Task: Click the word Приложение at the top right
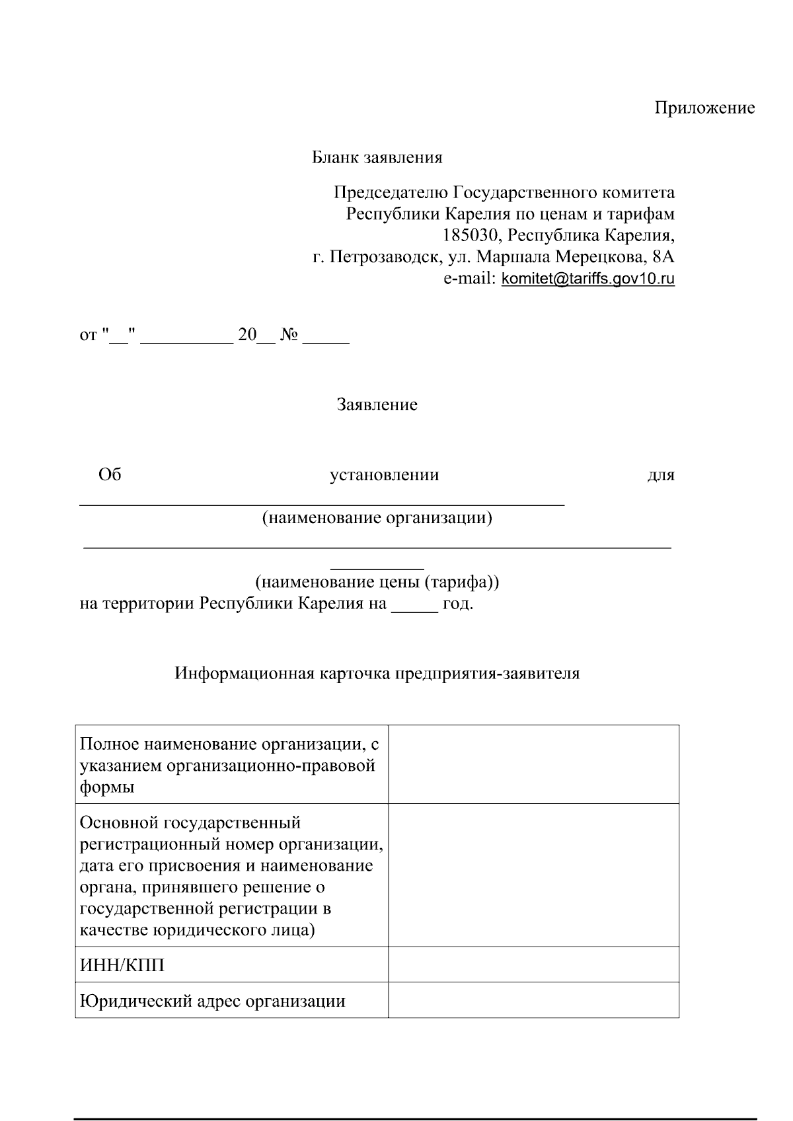pos(704,108)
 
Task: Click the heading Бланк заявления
pos(377,158)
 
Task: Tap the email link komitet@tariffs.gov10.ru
pos(588,279)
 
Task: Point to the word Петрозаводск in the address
pos(385,257)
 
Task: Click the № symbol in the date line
pos(289,336)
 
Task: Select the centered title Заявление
pos(377,405)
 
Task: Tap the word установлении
pos(384,475)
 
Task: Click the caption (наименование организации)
pos(377,518)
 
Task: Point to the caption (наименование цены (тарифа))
pos(377,583)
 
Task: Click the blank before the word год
pos(414,604)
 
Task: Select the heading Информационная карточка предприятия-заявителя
pos(377,674)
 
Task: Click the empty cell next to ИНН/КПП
pos(533,964)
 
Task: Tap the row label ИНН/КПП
pos(122,966)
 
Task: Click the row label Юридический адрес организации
pos(212,1001)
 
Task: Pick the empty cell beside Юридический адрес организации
pos(533,999)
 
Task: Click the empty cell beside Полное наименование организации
pos(533,764)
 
